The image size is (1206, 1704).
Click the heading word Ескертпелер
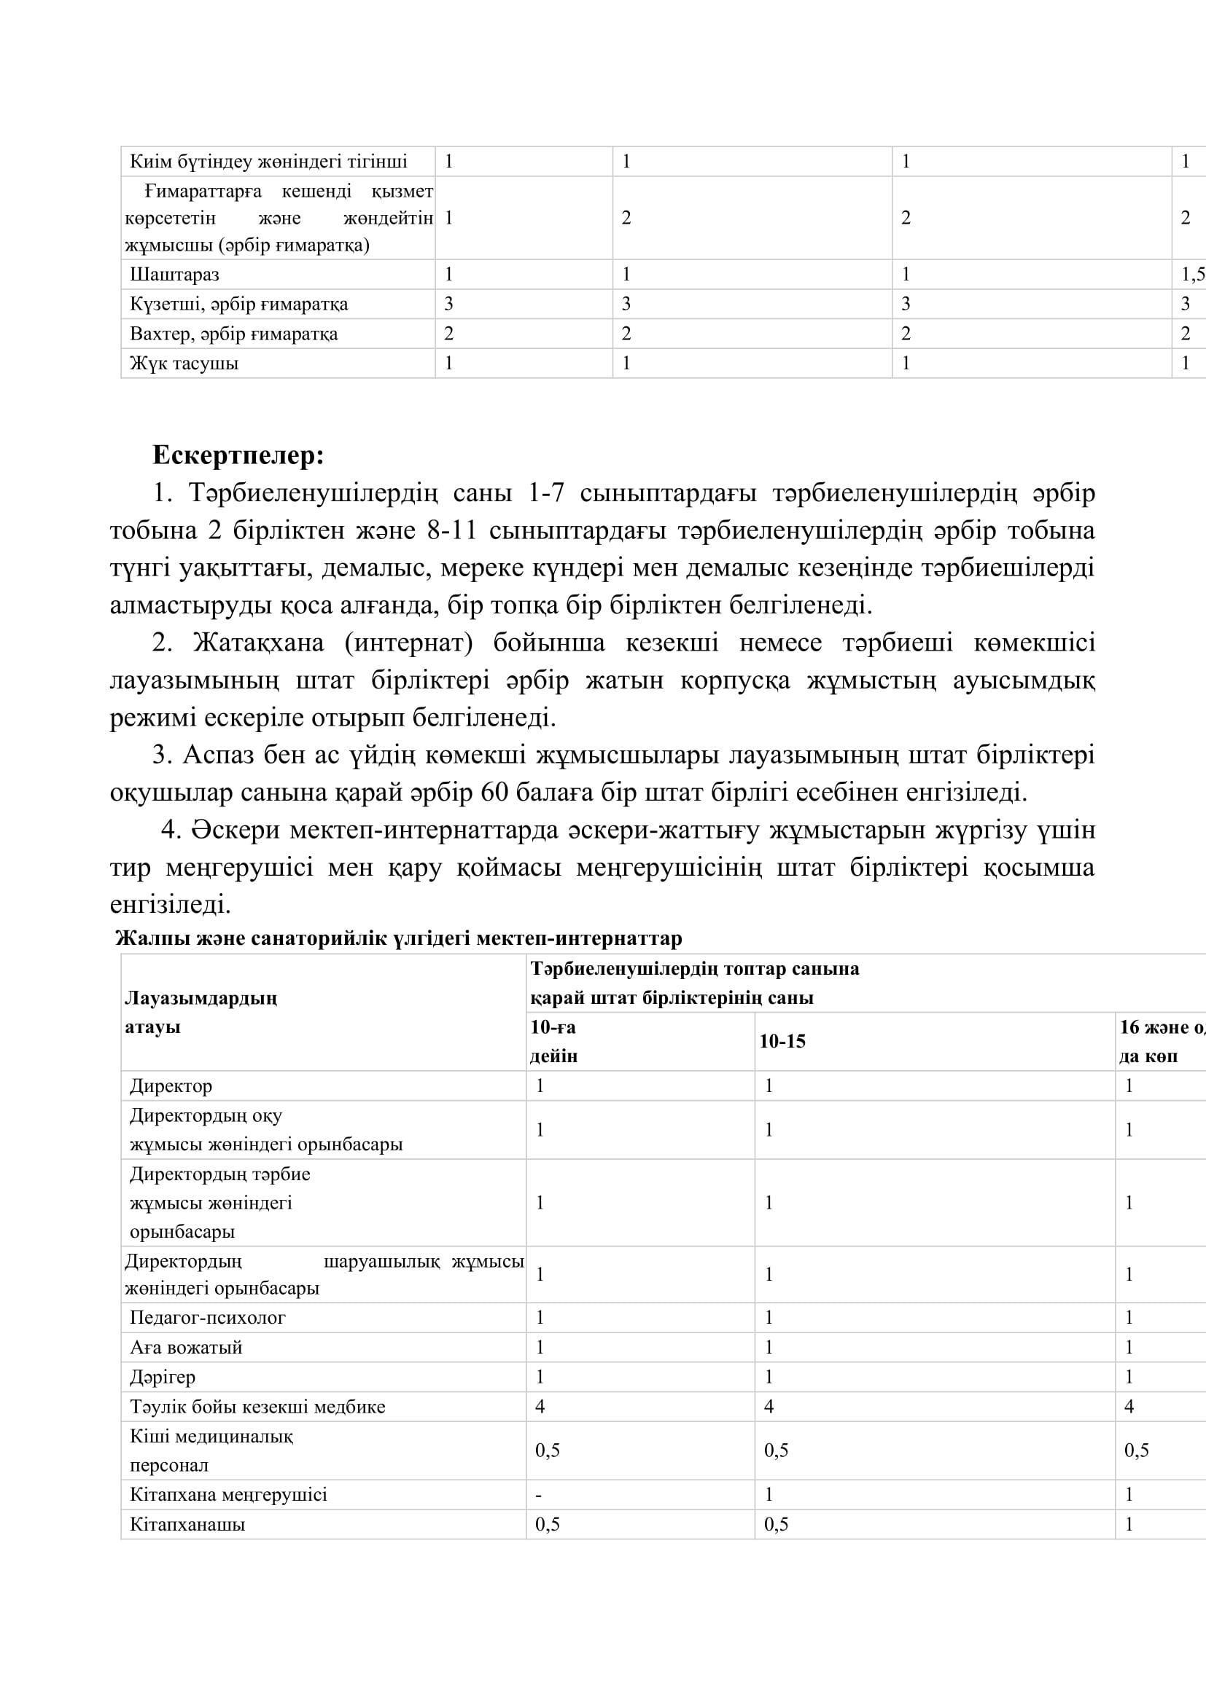[238, 455]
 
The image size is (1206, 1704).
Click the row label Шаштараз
[174, 275]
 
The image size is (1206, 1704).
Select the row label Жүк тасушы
[184, 364]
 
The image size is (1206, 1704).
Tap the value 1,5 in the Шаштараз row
[1192, 275]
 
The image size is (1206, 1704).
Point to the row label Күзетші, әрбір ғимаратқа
[238, 305]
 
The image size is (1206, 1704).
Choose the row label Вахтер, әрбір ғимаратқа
[233, 334]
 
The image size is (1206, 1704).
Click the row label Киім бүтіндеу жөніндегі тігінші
[268, 161]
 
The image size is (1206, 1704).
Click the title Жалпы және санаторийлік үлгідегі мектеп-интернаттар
[399, 939]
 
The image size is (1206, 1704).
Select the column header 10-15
[782, 1041]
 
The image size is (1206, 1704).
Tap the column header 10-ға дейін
[553, 1041]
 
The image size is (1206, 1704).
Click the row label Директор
[171, 1085]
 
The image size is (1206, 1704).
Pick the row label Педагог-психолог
[207, 1317]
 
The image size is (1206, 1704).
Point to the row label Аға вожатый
[186, 1347]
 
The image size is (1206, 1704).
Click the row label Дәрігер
[163, 1377]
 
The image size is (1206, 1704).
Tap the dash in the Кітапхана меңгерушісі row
[538, 1495]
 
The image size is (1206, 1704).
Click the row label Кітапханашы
[187, 1524]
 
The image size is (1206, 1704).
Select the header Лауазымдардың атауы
[201, 1013]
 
